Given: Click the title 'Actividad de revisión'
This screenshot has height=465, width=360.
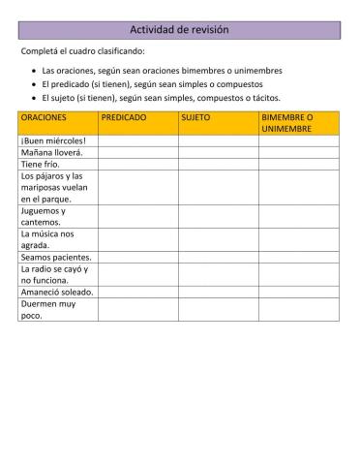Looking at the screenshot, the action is [179, 30].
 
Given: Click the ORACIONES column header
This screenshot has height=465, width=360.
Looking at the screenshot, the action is [44, 116].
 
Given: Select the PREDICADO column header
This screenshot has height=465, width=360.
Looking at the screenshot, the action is [124, 116].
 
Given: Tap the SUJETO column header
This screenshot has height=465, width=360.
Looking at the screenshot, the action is [195, 116].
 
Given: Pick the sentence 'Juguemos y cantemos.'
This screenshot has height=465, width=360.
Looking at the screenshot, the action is [44, 216].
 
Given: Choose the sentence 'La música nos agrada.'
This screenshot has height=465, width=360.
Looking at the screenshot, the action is [47, 239].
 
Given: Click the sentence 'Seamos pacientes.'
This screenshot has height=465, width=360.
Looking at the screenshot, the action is [56, 257].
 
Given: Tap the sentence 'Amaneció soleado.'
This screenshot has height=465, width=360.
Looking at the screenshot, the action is [56, 292].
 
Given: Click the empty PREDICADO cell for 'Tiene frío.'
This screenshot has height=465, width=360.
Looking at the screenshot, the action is [137, 164].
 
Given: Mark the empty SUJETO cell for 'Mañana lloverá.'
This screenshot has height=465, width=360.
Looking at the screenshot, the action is [218, 152].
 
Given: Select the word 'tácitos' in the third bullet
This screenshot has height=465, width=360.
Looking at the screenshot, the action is [263, 98].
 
